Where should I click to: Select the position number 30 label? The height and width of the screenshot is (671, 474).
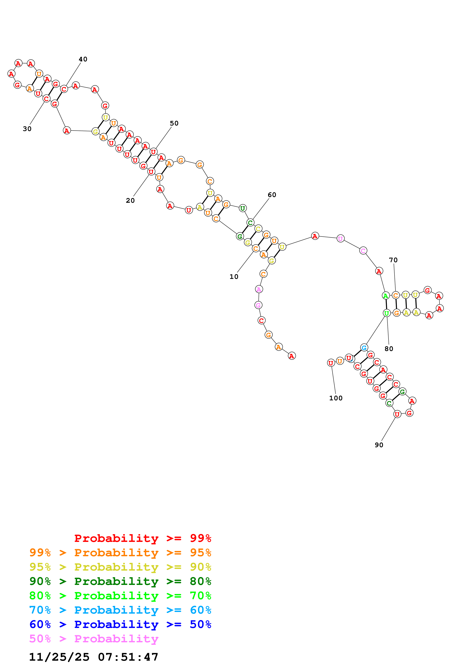27,129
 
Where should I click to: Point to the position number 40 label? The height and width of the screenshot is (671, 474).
83,59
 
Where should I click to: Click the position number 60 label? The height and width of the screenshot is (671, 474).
272,195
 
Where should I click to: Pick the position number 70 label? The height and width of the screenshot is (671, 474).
393,260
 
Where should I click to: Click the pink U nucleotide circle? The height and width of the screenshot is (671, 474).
341,239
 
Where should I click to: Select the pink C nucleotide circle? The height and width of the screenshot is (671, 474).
363,251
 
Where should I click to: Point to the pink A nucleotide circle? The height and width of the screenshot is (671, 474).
259,289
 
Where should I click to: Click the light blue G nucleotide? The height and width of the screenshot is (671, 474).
364,348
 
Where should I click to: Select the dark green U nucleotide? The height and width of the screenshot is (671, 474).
242,208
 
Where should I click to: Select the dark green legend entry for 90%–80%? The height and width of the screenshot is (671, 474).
120,581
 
